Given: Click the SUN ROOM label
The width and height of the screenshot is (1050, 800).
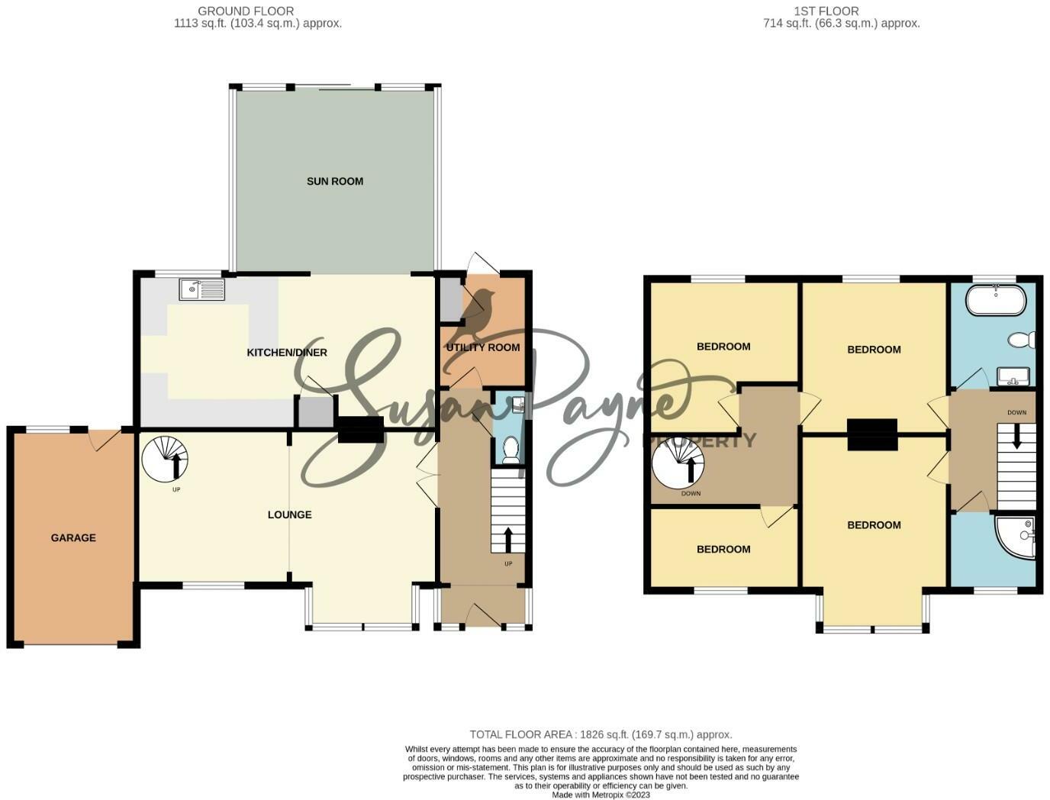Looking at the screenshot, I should pyautogui.click(x=334, y=182).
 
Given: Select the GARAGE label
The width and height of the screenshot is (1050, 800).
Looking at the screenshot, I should pyautogui.click(x=73, y=538).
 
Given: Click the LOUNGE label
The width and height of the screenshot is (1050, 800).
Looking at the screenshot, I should pyautogui.click(x=289, y=515).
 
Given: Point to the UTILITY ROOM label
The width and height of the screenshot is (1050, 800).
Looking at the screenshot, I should pyautogui.click(x=483, y=347).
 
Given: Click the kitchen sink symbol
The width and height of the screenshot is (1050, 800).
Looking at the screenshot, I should pyautogui.click(x=202, y=289).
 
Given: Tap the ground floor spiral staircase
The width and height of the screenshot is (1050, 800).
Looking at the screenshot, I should pyautogui.click(x=165, y=459).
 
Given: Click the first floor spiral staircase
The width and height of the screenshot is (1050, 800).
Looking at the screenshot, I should pyautogui.click(x=678, y=464).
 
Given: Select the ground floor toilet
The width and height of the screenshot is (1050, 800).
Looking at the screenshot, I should pyautogui.click(x=511, y=450).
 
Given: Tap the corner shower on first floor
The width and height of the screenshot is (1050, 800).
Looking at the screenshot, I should pyautogui.click(x=1018, y=536).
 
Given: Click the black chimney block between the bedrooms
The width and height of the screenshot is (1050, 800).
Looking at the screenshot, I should pyautogui.click(x=872, y=434).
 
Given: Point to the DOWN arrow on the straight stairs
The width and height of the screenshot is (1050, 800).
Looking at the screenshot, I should pyautogui.click(x=1016, y=436).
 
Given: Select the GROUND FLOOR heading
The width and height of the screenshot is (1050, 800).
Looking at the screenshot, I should pyautogui.click(x=246, y=11).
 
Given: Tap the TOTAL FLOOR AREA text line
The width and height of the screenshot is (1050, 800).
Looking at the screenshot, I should pyautogui.click(x=601, y=735).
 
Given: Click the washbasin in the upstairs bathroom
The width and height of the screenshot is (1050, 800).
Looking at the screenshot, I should pyautogui.click(x=1013, y=376).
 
